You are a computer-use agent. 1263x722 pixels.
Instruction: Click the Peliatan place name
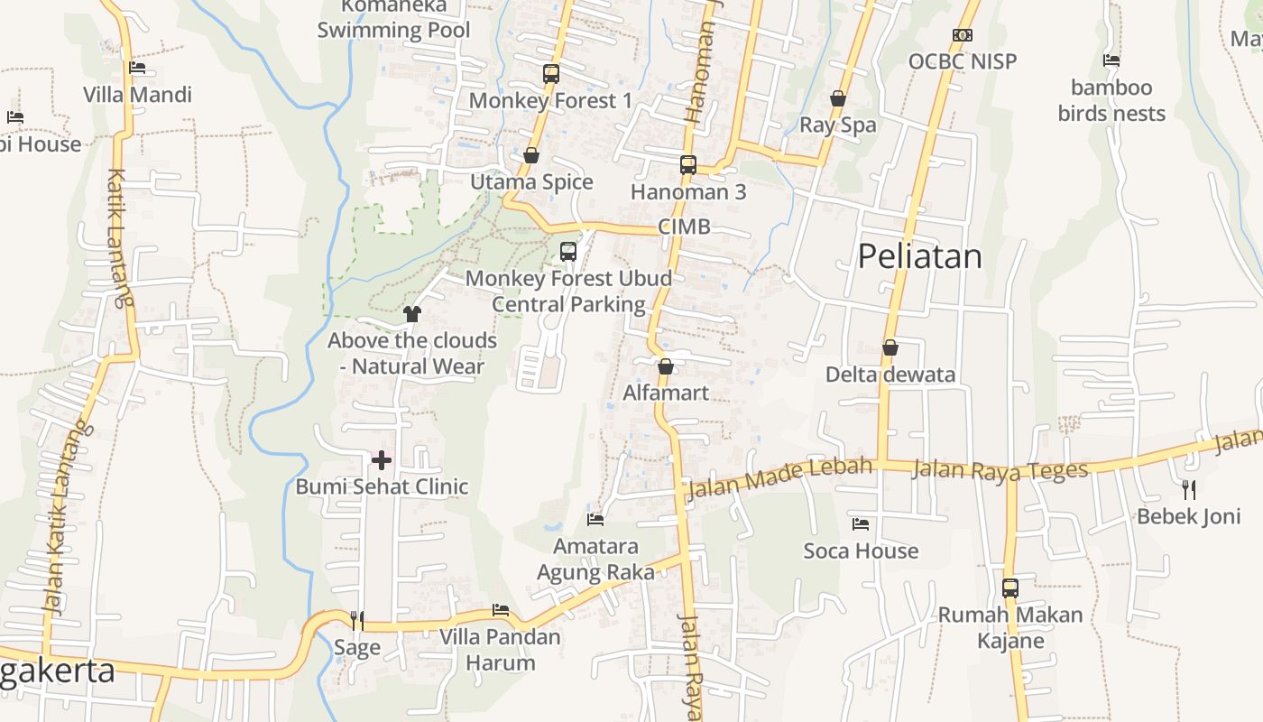click(x=919, y=256)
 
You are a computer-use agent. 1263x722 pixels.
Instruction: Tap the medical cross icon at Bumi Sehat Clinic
click(x=382, y=460)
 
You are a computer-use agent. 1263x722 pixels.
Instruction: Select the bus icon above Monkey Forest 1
click(x=550, y=74)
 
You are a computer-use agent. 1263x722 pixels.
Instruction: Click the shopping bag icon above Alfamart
click(x=666, y=366)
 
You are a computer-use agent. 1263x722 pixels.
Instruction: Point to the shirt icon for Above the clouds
click(x=412, y=314)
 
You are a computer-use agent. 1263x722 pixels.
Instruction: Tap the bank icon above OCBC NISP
click(x=962, y=35)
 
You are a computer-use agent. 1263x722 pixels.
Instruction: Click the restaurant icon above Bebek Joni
click(x=1189, y=489)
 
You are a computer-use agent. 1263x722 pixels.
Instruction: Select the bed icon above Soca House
click(x=861, y=523)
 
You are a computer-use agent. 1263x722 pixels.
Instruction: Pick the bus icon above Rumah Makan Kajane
click(x=1009, y=588)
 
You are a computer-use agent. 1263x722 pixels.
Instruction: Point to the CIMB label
click(x=684, y=227)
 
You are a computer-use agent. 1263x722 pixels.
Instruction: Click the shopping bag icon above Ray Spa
click(x=838, y=98)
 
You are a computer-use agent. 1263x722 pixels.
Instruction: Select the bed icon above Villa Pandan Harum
click(x=501, y=610)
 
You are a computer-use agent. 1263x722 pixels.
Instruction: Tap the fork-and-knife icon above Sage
click(x=357, y=620)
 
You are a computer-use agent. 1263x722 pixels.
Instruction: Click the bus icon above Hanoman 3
click(x=688, y=165)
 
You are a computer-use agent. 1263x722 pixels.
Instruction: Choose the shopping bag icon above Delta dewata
click(x=890, y=347)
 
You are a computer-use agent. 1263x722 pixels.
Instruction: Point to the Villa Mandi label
click(x=137, y=95)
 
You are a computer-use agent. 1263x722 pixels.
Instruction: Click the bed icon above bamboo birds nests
click(x=1111, y=60)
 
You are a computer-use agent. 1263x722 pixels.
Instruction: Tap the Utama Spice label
click(x=531, y=182)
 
